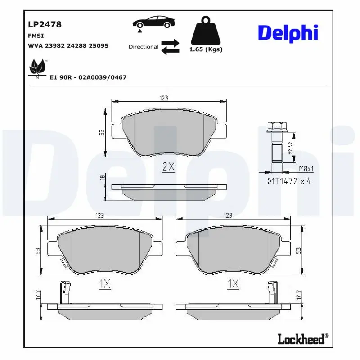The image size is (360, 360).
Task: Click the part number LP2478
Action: pos(45,25)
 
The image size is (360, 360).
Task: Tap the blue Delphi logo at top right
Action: pos(288,32)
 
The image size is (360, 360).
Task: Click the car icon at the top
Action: pos(152,22)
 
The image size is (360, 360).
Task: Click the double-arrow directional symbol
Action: pos(170,47)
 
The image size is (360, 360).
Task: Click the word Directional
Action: pos(144,47)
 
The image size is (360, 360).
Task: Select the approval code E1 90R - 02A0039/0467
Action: pos(88,77)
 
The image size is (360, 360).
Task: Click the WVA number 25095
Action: pos(99,46)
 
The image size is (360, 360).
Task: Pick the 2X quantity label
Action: pos(168,167)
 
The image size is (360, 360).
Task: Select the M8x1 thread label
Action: pos(306,169)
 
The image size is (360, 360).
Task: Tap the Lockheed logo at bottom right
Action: pos(303,339)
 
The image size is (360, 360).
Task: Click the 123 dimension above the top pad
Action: pos(164,98)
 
